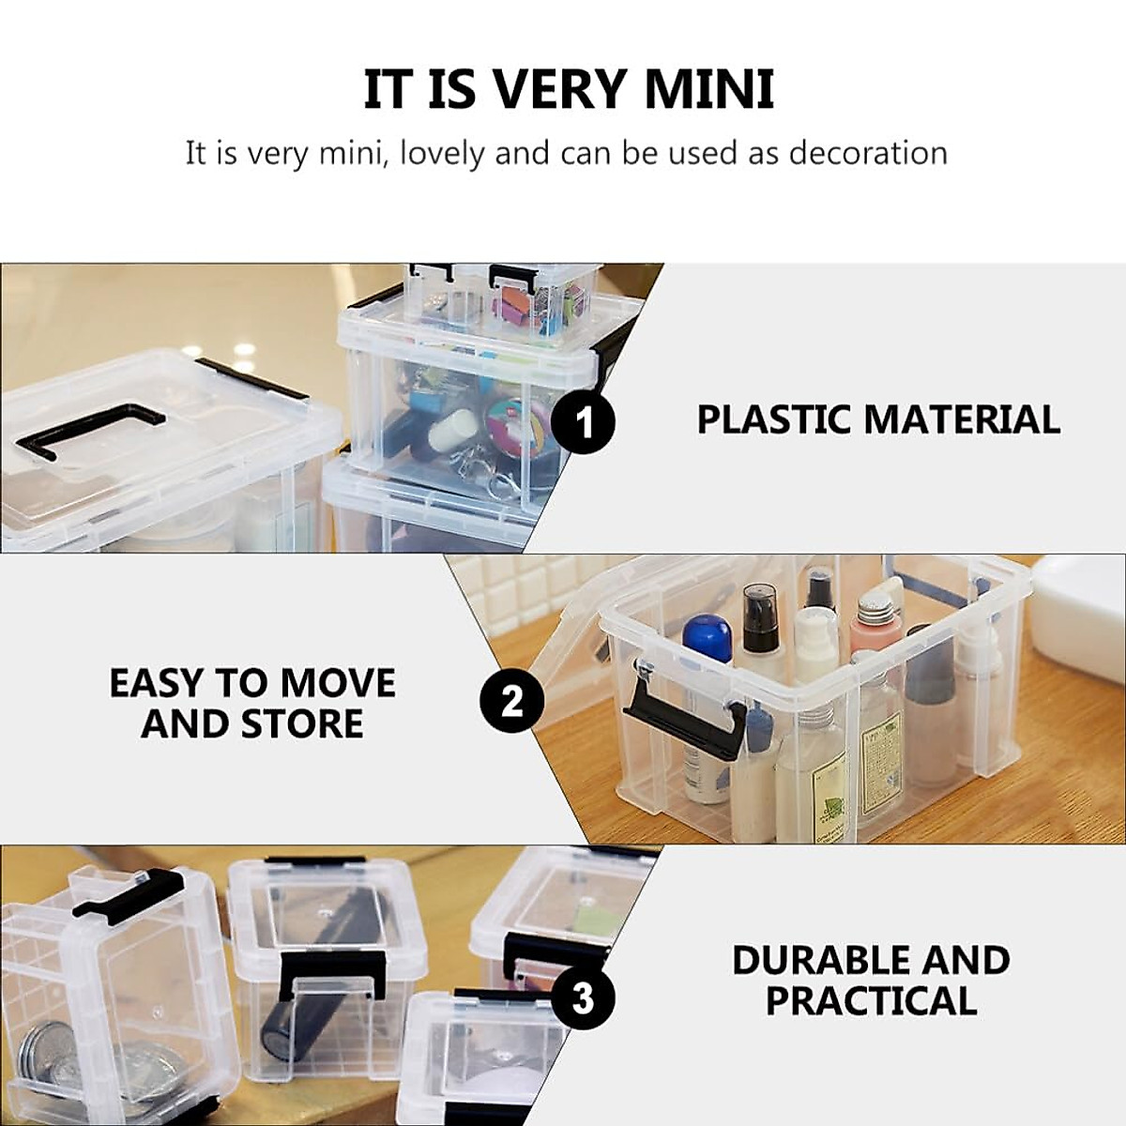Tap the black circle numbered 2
(x=511, y=700)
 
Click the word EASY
(x=160, y=683)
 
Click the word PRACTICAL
(x=871, y=1001)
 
